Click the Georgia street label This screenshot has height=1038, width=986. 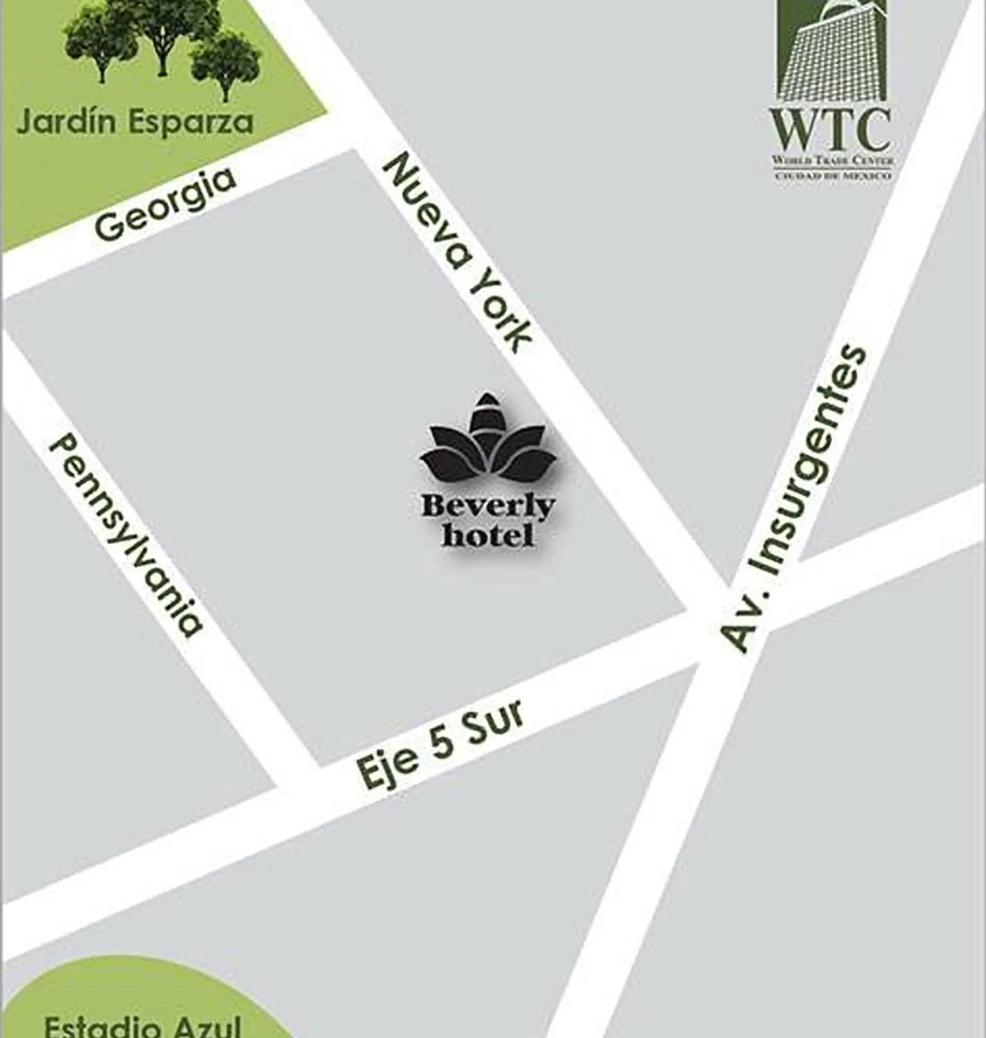coord(164,204)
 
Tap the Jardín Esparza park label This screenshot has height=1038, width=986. coord(135,122)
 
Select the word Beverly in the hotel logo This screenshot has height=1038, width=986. coord(488,507)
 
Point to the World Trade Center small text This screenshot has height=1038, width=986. coord(832,159)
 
